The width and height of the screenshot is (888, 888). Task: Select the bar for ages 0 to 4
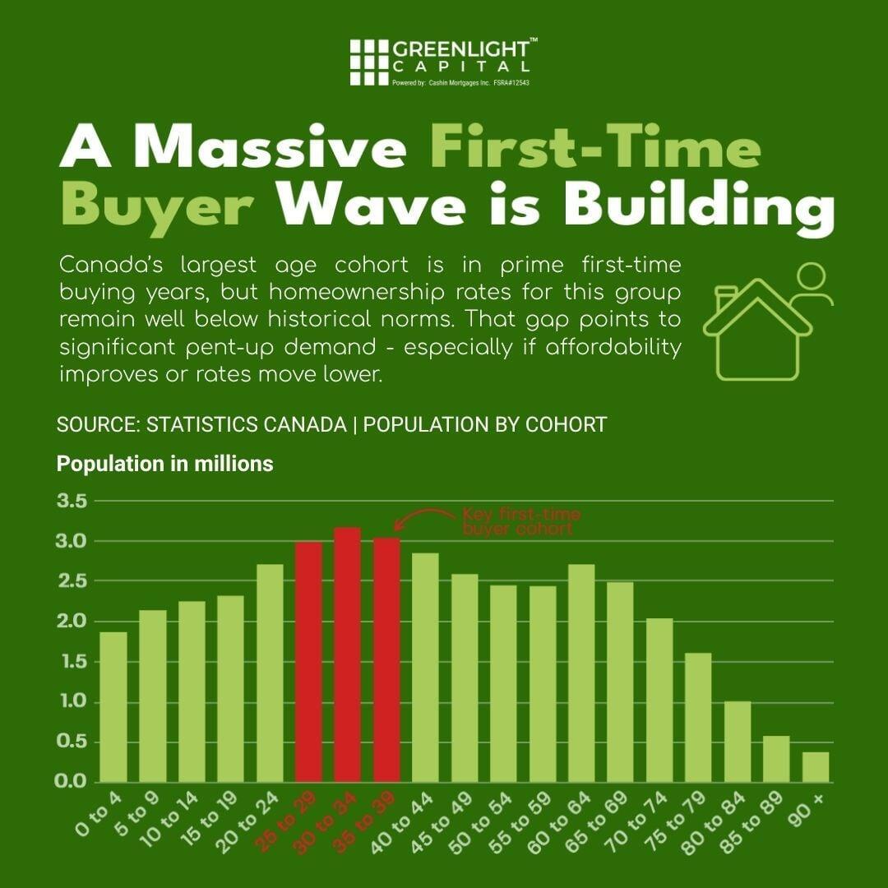(x=113, y=706)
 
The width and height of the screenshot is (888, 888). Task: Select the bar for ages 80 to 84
(x=737, y=741)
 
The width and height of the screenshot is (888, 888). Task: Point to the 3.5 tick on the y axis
(x=72, y=501)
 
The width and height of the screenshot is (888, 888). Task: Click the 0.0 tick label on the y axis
(x=72, y=781)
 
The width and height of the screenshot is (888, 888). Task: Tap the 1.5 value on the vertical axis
(x=72, y=661)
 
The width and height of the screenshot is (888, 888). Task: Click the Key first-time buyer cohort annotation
(x=520, y=521)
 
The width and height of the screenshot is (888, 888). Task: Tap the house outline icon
(x=756, y=333)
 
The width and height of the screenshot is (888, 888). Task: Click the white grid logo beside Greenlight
(x=368, y=62)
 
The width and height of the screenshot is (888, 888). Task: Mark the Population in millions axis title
(x=164, y=464)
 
